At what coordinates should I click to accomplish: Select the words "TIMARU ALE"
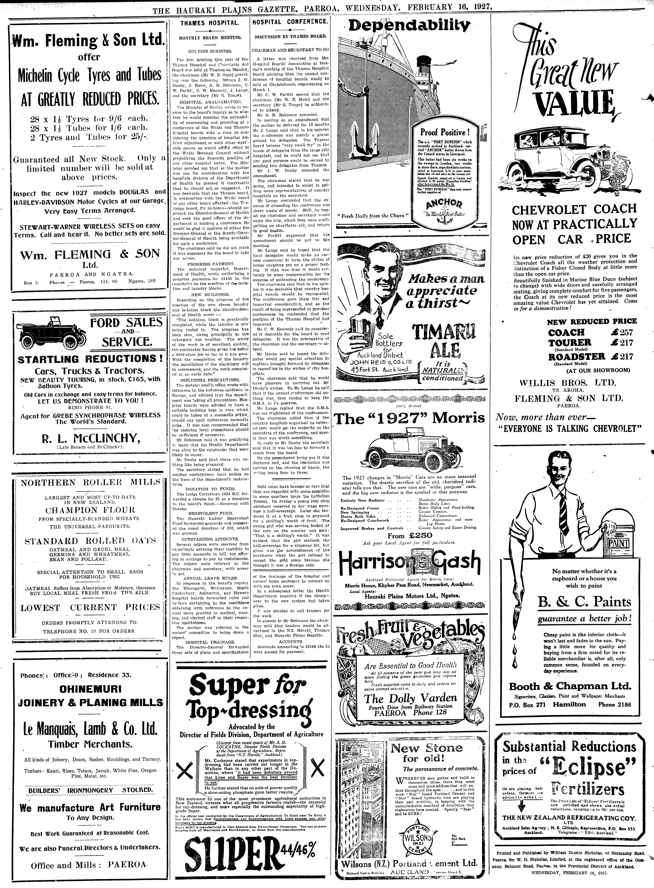pyautogui.click(x=444, y=340)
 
